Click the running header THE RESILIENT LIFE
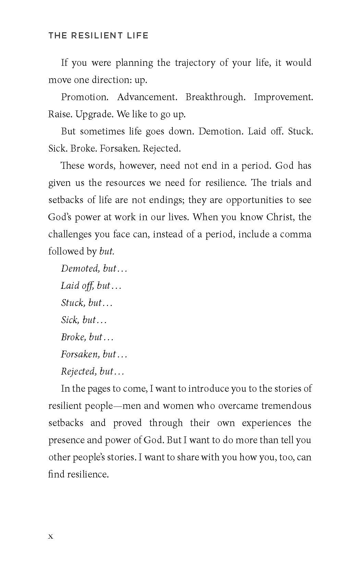click(98, 35)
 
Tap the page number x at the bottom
click(51, 536)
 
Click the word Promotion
click(85, 97)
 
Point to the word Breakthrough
click(215, 97)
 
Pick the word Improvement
click(283, 97)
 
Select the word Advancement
click(147, 97)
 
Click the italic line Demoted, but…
click(94, 269)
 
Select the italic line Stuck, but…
click(87, 303)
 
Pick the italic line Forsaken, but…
click(94, 354)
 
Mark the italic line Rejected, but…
click(93, 372)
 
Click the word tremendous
click(286, 406)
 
